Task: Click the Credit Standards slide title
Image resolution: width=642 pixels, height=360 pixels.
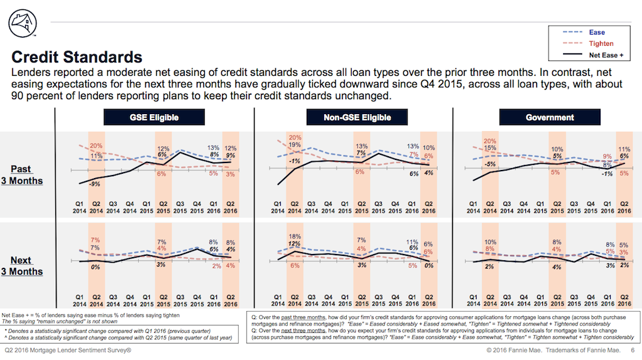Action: click(x=77, y=58)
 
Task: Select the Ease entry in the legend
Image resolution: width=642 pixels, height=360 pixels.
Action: click(x=597, y=32)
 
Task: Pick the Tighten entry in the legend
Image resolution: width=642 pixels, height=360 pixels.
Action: click(x=601, y=44)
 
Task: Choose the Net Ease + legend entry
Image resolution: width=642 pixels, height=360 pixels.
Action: click(x=604, y=56)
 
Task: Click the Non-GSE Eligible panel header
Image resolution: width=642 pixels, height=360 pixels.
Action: click(x=357, y=117)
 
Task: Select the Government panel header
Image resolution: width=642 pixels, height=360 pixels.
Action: click(x=550, y=117)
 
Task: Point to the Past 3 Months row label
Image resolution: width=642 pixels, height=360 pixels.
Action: click(x=27, y=175)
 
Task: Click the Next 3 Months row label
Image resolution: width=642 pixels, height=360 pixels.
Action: click(x=27, y=266)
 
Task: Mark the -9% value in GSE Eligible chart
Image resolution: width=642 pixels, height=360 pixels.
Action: click(x=95, y=184)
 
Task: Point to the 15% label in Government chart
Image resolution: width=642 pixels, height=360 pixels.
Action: click(x=490, y=148)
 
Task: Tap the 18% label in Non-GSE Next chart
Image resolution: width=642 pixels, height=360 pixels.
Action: click(x=293, y=236)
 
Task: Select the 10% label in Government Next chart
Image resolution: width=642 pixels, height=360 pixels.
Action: click(x=490, y=241)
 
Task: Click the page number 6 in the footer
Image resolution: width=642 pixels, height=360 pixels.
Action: click(x=632, y=350)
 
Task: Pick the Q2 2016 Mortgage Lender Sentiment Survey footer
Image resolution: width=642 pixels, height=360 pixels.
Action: click(x=68, y=350)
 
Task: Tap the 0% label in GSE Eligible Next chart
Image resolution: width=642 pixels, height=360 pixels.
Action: click(x=96, y=267)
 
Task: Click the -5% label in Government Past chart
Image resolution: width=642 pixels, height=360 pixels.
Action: click(x=490, y=164)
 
